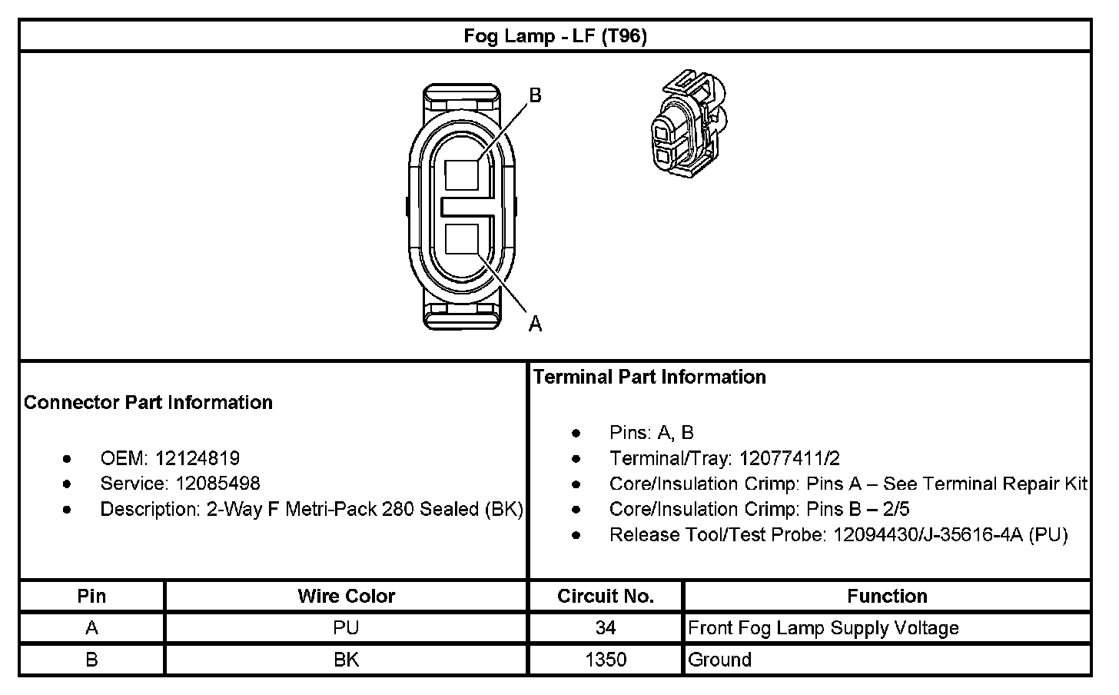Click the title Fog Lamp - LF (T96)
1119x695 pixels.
555,36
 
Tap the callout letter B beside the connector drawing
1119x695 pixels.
535,95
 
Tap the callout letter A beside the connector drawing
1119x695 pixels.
535,324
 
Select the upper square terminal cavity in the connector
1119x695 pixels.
462,175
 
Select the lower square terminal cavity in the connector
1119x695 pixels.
462,239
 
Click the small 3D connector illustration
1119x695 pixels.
689,124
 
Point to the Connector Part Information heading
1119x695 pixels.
148,402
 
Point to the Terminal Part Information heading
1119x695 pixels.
649,377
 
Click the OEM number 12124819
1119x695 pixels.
198,458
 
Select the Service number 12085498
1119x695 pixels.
217,483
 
